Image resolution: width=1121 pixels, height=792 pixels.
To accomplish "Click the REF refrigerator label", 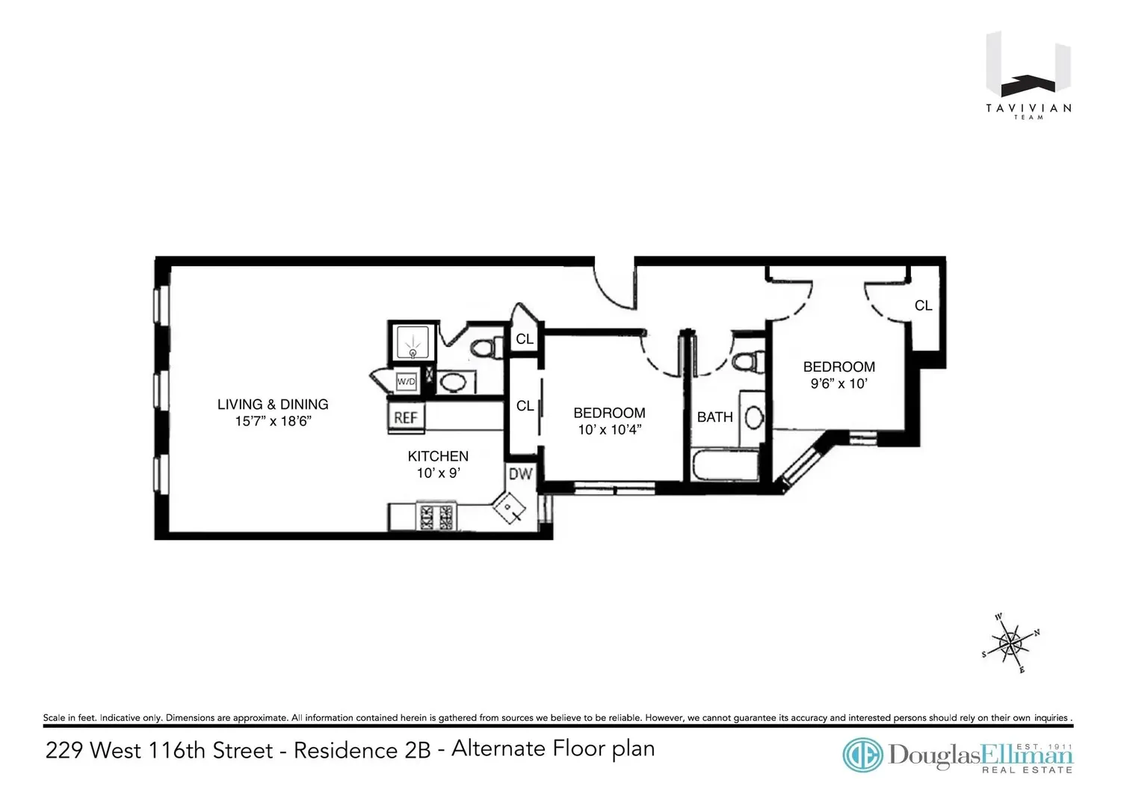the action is [405, 417].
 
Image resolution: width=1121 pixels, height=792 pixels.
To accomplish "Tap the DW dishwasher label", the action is [520, 474].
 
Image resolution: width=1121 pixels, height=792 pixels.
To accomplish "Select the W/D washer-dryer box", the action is [406, 381].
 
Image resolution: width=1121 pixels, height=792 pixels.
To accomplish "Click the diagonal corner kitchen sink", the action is [510, 508].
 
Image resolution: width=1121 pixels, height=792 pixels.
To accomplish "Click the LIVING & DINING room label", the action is [273, 405].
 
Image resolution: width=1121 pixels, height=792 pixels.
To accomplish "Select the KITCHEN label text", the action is [438, 456].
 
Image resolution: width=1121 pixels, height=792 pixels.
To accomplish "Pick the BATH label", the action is [714, 417].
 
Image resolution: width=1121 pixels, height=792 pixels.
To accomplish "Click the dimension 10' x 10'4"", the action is [610, 430].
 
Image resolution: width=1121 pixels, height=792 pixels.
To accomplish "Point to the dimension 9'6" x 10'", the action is [839, 384].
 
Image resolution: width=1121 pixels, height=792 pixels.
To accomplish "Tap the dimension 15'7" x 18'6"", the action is [274, 421].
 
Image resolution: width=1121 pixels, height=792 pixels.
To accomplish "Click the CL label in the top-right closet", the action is [923, 306].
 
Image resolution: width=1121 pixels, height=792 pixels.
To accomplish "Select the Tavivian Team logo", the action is [1028, 75].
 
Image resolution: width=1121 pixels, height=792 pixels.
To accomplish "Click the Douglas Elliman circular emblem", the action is [862, 755].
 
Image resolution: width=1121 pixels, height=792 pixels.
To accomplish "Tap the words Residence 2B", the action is [362, 750].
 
